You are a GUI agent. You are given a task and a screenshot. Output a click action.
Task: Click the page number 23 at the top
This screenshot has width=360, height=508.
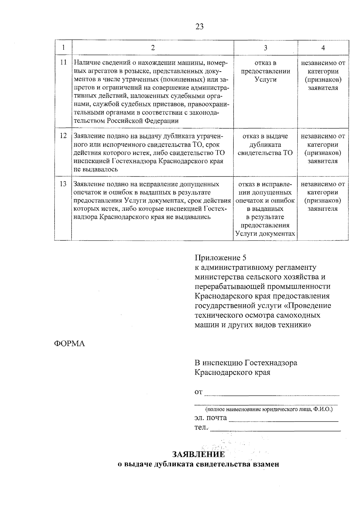[199, 27]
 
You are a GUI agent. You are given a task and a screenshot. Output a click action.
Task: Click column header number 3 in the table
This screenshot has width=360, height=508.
[265, 48]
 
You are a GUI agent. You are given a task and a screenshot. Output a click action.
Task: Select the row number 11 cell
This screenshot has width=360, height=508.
[63, 63]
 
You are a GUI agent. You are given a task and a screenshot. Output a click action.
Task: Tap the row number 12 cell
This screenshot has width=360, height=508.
[63, 136]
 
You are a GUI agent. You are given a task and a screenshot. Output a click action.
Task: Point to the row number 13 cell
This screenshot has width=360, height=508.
[63, 184]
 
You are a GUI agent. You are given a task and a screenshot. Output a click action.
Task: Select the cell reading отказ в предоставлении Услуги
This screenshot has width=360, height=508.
[265, 71]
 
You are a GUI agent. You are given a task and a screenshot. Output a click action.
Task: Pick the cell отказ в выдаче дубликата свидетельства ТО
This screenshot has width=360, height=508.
[265, 144]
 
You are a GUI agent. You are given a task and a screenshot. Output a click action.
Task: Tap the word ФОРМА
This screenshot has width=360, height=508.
[69, 344]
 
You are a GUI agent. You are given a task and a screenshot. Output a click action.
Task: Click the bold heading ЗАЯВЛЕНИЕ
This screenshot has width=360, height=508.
[199, 455]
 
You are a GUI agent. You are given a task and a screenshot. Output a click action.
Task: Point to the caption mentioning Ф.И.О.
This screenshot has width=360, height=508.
[269, 409]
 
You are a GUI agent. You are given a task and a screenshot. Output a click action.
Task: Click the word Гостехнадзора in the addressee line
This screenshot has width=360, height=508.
[271, 363]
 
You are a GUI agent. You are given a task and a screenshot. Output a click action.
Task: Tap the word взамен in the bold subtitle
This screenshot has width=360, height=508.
[265, 465]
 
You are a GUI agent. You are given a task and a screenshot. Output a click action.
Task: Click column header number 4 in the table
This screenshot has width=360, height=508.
[323, 48]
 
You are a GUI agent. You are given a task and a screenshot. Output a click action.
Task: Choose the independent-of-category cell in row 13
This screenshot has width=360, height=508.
[323, 196]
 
